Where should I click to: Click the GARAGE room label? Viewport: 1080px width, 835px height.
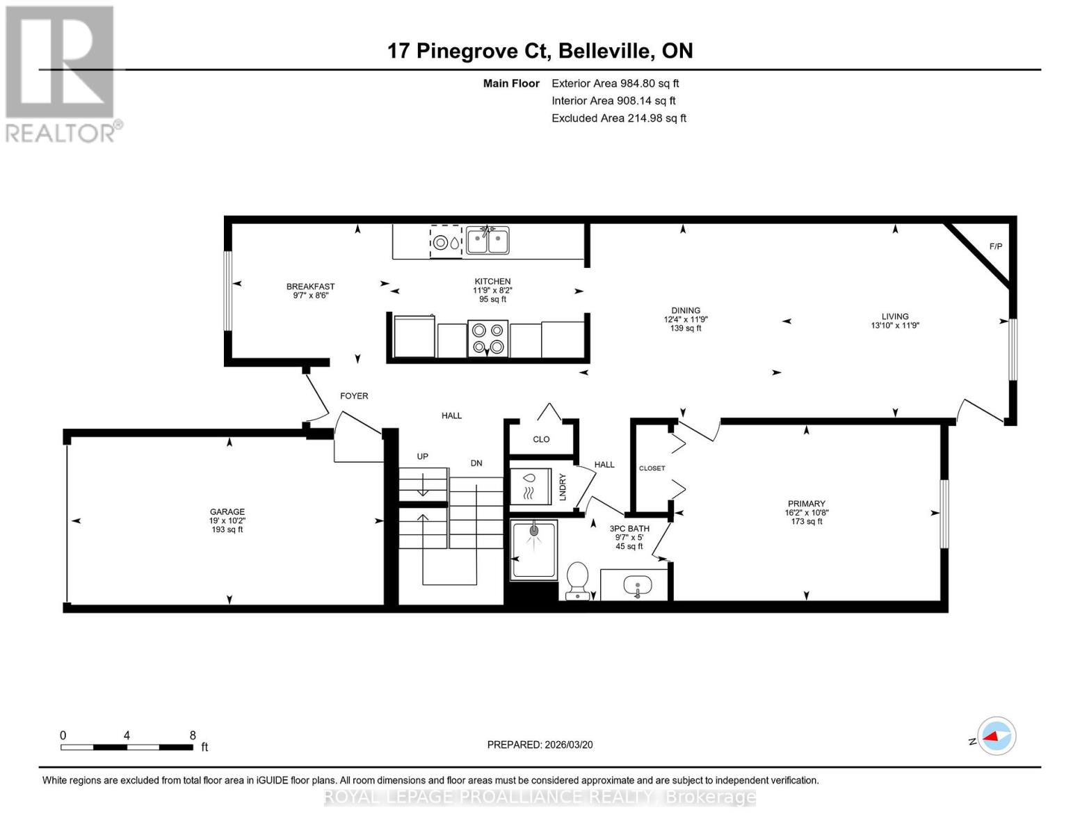[227, 511]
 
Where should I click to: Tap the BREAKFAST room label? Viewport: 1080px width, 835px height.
[310, 287]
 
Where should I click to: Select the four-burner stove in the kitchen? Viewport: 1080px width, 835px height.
[487, 339]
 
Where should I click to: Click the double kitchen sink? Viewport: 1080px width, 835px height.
[487, 241]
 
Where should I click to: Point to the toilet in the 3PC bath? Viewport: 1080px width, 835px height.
[577, 581]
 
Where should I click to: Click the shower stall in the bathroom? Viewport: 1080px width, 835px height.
[534, 550]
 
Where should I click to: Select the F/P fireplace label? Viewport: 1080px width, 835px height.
[995, 246]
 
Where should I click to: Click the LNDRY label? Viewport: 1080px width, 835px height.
[563, 487]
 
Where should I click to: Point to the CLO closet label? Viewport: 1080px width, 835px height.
[541, 439]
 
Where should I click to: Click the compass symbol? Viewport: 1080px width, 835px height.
[996, 735]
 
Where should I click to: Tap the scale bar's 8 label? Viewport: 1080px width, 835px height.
[193, 735]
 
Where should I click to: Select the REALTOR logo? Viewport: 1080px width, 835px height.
[61, 74]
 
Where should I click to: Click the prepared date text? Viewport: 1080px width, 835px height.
[540, 745]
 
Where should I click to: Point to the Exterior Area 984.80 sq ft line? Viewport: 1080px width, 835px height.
[615, 83]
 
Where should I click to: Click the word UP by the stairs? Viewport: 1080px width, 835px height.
[422, 456]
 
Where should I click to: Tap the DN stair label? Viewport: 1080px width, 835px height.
[476, 463]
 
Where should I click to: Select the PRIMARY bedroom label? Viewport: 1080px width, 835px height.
[806, 504]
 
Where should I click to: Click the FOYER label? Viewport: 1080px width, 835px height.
[354, 396]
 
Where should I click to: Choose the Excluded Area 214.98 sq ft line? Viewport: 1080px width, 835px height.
[618, 118]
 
